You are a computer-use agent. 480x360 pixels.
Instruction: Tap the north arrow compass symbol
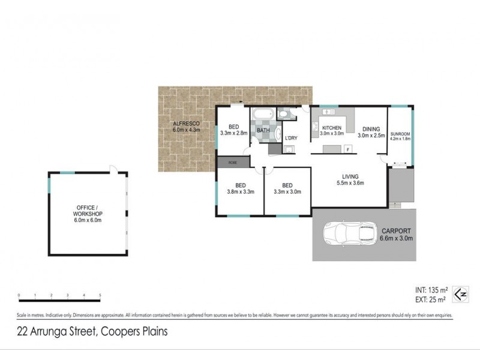[x=460, y=294]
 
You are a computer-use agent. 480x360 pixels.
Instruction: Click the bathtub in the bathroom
[x=263, y=114]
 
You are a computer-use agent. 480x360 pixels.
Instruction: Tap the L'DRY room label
[x=291, y=139]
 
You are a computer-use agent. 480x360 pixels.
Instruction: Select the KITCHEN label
[x=332, y=128]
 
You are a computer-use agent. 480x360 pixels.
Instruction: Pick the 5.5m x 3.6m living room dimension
[x=351, y=182]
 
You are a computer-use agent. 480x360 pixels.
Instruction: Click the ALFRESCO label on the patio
[x=185, y=123]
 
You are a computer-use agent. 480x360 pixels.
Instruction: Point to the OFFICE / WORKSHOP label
[x=88, y=211]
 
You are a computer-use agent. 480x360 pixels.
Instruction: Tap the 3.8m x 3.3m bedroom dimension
[x=240, y=192]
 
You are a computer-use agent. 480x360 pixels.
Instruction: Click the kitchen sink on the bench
[x=314, y=126]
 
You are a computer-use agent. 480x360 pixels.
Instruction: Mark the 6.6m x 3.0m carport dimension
[x=397, y=238]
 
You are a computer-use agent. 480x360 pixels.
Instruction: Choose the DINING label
[x=371, y=128]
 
